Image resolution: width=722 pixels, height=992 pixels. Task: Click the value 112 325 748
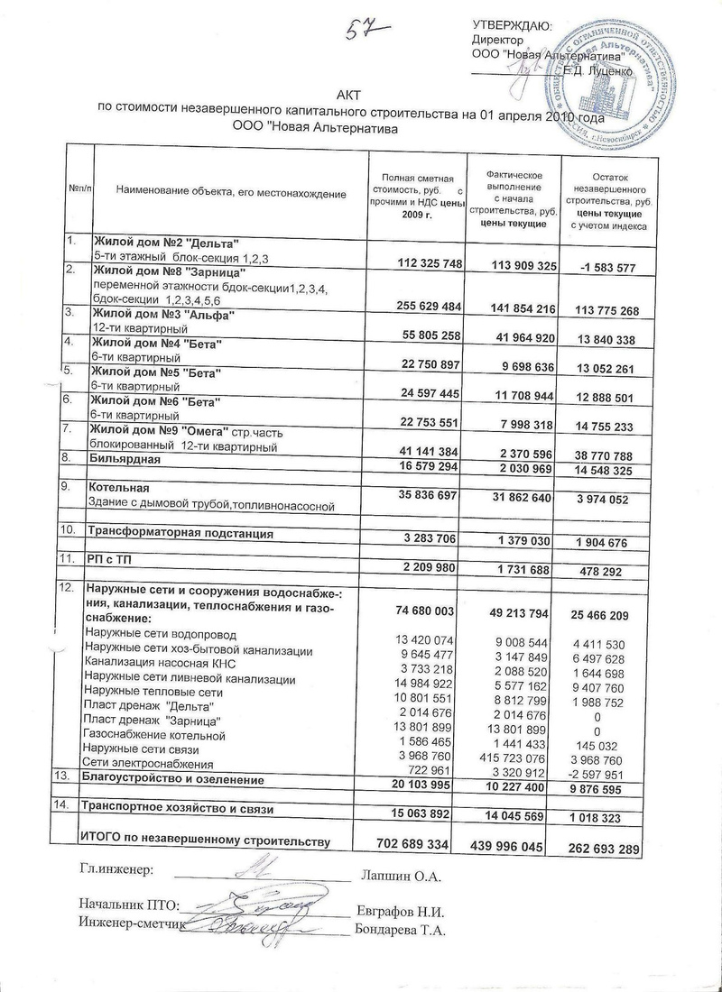(417, 263)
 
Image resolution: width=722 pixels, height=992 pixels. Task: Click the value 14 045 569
(510, 815)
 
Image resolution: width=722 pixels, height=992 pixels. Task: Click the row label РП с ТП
(106, 560)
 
